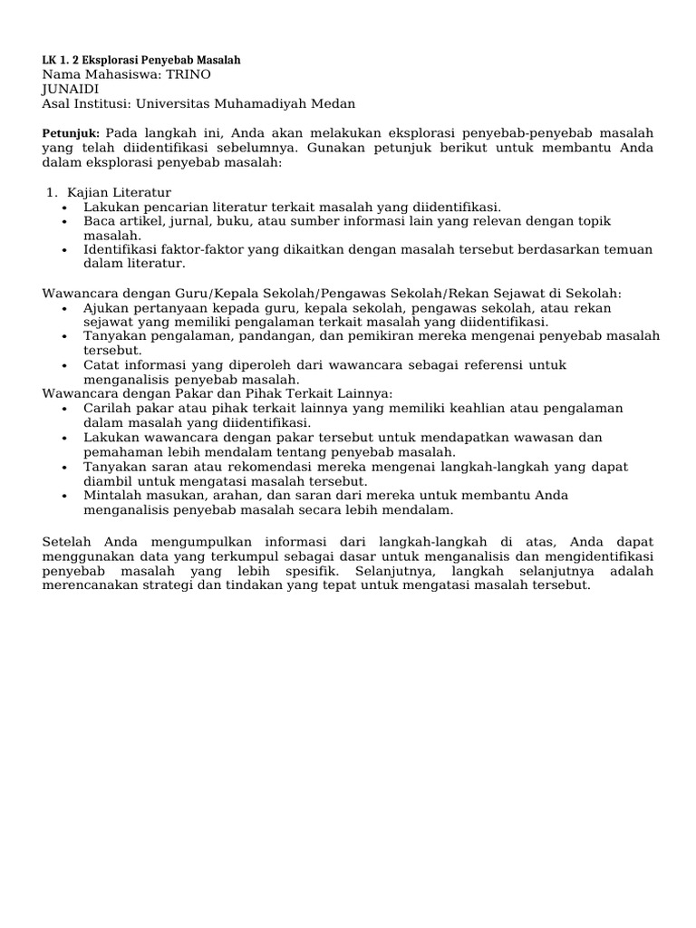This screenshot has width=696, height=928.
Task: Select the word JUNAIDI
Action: pos(71,89)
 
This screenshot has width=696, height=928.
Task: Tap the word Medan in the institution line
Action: pos(334,103)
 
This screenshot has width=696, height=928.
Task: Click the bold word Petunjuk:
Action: pos(72,132)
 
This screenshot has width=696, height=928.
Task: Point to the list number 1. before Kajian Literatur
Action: pos(53,192)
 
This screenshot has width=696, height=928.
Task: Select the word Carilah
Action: pos(109,408)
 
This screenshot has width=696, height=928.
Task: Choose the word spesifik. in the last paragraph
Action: pos(304,571)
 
